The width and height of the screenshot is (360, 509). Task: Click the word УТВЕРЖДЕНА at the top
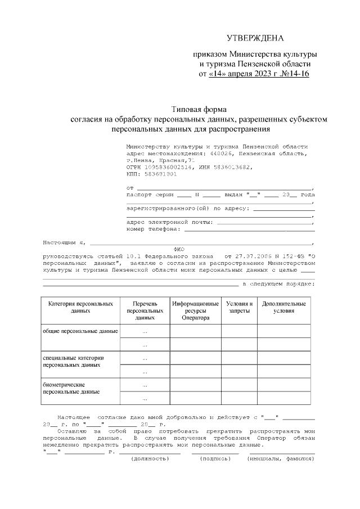255,38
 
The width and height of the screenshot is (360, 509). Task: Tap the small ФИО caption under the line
179,248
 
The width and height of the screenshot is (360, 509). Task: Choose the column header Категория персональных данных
81,307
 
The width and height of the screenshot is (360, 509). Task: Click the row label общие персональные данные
80,331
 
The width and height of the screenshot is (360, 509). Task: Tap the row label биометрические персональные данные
71,388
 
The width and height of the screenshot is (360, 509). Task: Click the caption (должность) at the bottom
150,459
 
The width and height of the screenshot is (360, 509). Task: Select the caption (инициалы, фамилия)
281,459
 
